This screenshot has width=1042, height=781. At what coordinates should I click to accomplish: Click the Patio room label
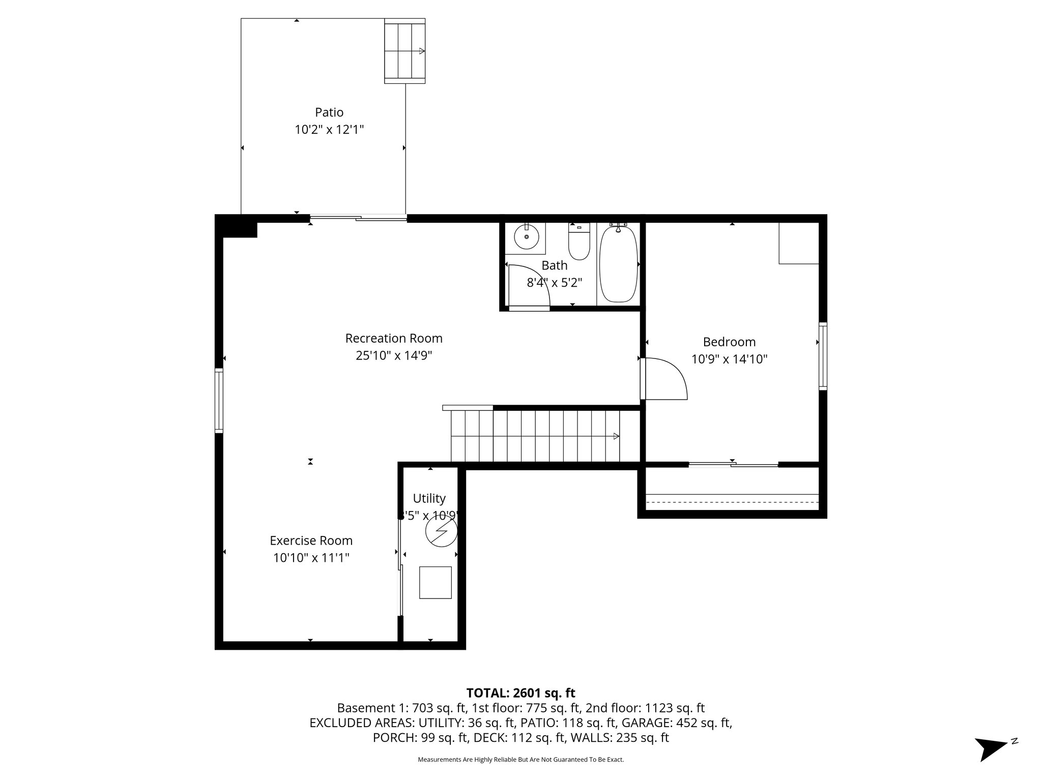coord(329,112)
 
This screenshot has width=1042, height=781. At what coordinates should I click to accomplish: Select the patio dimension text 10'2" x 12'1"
coord(329,130)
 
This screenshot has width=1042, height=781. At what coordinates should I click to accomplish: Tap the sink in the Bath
coord(526,237)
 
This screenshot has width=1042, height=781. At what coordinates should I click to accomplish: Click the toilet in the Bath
coord(578,244)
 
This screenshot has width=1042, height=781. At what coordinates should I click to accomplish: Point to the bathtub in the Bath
coord(618,264)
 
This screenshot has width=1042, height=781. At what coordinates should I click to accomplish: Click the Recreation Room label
coord(394,339)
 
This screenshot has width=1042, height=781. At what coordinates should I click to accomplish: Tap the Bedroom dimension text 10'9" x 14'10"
coord(729,359)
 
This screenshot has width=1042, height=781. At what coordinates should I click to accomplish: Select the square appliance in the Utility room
coord(435,582)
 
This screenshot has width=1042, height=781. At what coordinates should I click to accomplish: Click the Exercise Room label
coord(311,540)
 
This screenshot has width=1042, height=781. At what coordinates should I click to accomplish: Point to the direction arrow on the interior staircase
coord(616,436)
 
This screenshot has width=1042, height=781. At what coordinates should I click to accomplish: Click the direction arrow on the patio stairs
coord(421,51)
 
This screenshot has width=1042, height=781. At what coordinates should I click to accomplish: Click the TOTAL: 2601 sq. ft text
coord(520,693)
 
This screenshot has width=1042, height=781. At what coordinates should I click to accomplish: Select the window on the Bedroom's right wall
coord(822,356)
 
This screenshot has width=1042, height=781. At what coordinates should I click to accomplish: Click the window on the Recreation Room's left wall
coord(219,400)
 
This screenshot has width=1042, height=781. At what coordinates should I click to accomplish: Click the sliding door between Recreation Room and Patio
coord(358,218)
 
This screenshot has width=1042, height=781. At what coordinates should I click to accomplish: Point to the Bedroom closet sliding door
coord(733,464)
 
